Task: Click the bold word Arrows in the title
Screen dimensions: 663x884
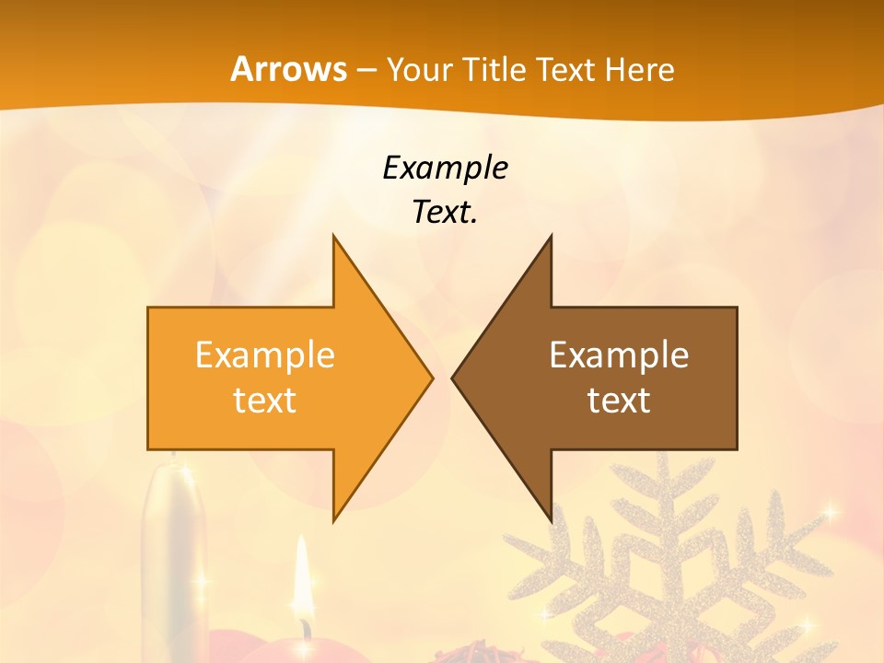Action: pos(288,69)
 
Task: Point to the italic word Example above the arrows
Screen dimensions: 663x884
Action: pos(446,169)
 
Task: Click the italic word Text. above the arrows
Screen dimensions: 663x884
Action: pos(446,213)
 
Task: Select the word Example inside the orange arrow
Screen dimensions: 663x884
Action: pos(265,355)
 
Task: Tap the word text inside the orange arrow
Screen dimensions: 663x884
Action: pos(265,401)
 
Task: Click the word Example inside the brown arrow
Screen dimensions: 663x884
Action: pos(619,355)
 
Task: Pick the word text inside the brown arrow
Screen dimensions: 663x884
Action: pos(619,401)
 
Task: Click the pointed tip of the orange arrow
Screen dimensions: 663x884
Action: pos(431,378)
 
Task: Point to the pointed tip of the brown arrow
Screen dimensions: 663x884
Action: pos(453,378)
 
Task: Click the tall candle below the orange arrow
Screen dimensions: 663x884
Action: pos(173,552)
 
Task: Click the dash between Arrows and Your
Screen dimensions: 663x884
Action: pos(366,71)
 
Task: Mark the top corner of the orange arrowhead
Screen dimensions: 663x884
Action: pos(334,237)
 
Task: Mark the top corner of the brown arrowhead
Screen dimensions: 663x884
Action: pos(551,237)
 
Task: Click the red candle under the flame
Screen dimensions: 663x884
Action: pos(304,647)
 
